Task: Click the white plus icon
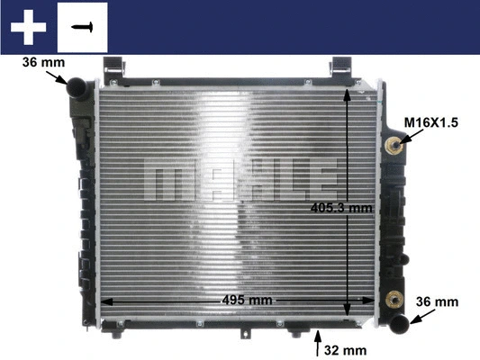tap(28, 26)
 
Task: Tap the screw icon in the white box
tap(82, 26)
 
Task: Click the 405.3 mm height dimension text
tap(340, 208)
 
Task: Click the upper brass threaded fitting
tap(394, 146)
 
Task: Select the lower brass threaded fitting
tap(394, 301)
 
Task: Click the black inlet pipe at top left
tap(76, 87)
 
